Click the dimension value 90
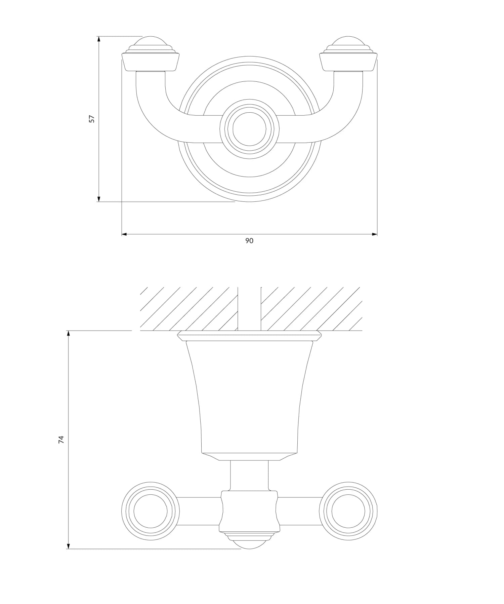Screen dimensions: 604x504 click(249, 241)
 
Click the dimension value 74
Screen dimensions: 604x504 click(61, 440)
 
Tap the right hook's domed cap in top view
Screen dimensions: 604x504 click(348, 44)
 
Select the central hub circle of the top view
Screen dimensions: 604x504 click(249, 128)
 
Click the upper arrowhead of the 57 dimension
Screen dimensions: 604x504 click(99, 39)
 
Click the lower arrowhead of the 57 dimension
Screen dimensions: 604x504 click(99, 199)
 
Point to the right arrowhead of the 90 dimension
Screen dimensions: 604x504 click(374, 234)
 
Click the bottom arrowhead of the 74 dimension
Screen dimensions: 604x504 click(68, 546)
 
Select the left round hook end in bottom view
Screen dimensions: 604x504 click(150, 511)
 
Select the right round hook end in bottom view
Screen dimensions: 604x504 click(348, 511)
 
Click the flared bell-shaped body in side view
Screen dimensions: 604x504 click(249, 397)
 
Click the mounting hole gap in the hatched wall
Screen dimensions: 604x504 click(249, 308)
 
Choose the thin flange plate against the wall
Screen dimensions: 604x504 click(249, 336)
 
